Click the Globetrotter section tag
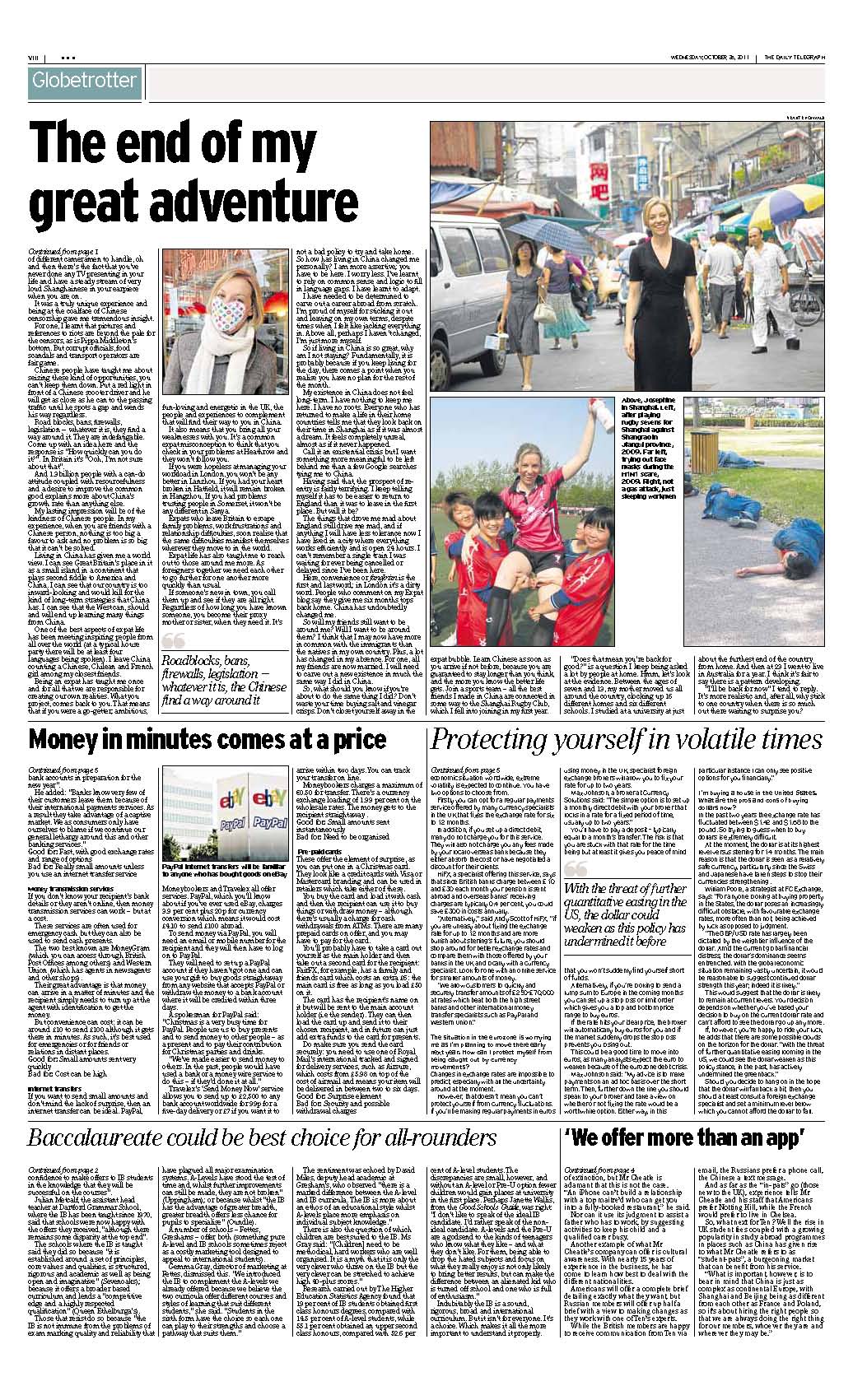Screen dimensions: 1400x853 83,81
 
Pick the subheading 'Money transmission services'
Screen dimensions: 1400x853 72,889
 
